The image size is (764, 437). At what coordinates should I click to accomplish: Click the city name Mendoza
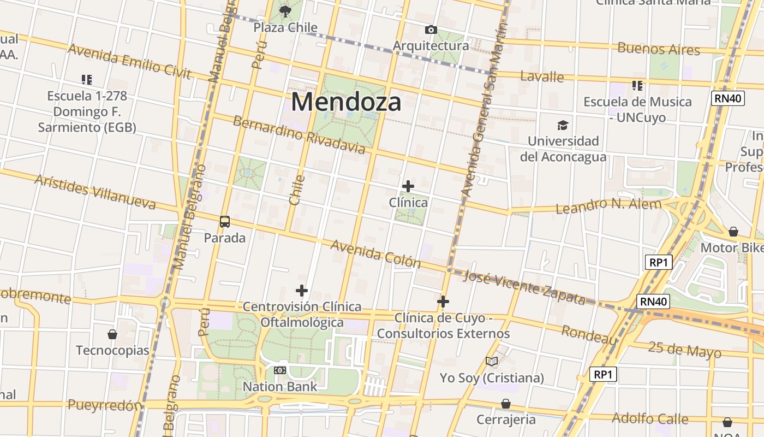[346, 102]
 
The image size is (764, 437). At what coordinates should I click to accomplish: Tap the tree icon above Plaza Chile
[285, 11]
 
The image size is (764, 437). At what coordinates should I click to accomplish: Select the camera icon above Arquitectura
[431, 29]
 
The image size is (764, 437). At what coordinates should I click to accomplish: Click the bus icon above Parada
[224, 222]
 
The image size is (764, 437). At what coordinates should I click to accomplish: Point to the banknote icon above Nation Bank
[279, 370]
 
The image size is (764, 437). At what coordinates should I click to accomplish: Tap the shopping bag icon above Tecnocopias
[112, 334]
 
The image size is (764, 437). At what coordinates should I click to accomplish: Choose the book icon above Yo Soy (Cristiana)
[492, 361]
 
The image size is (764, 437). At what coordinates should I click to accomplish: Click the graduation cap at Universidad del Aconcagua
[563, 125]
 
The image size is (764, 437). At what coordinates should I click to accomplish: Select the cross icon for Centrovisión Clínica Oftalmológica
[302, 290]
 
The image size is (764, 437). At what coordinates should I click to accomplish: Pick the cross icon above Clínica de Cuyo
[443, 301]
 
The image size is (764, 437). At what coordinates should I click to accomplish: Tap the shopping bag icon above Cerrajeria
[506, 403]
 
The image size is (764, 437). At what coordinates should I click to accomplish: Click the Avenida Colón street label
[375, 253]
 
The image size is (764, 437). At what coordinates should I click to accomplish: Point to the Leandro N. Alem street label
[608, 206]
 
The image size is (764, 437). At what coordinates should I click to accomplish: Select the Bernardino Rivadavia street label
[299, 134]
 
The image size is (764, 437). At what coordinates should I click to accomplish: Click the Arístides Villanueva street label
[95, 192]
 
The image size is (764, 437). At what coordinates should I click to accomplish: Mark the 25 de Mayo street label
[684, 349]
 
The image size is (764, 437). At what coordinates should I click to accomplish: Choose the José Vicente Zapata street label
[524, 287]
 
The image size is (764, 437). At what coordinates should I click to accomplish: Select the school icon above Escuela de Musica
[637, 85]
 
